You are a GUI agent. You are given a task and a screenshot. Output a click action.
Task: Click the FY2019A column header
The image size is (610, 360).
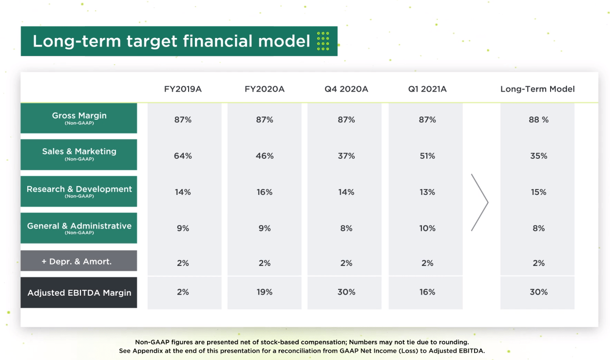coord(183,89)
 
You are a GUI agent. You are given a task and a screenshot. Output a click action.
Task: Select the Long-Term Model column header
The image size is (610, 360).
coord(537,89)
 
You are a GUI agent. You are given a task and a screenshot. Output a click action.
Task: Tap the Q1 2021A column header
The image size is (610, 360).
coord(427,89)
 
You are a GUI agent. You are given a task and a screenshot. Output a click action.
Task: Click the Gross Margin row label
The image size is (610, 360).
coord(79,118)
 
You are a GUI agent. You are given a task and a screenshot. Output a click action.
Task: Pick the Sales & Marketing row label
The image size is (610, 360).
coord(79,154)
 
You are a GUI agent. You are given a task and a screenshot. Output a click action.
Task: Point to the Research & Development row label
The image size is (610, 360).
coord(79,191)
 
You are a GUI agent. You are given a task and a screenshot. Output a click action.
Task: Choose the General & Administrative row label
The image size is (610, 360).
coord(79,227)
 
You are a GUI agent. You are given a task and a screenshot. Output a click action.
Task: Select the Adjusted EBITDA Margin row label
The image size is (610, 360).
coord(79,293)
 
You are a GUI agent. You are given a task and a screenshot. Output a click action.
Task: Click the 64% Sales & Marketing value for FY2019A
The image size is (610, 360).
coord(183,156)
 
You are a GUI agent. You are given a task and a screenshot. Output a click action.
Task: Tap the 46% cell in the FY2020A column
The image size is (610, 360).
coord(265,156)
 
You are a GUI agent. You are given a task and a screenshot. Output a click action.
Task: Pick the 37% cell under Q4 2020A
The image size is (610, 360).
coord(346,156)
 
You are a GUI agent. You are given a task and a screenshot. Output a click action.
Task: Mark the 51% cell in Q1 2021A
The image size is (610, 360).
coord(427,156)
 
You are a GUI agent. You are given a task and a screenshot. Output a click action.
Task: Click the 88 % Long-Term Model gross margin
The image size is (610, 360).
coord(538,120)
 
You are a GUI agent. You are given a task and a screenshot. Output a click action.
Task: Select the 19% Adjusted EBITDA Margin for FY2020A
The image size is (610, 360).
coord(265,292)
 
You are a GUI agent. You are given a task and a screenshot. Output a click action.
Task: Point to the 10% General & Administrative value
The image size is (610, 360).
coord(427,228)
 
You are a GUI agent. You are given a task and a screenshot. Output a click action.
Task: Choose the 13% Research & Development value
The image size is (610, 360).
coord(427,192)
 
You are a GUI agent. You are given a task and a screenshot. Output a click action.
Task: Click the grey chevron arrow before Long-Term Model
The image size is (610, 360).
coord(480,202)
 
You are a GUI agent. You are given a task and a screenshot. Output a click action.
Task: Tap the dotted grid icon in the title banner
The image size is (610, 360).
coord(323,41)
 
